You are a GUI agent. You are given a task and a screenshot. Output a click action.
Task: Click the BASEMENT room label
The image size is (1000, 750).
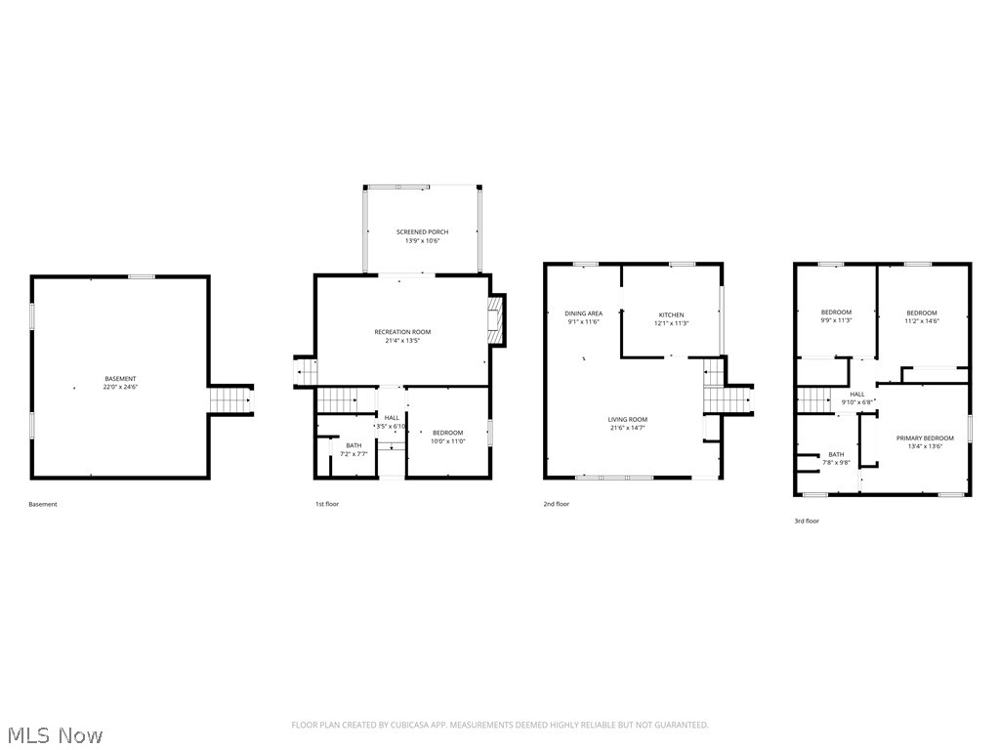point(121,378)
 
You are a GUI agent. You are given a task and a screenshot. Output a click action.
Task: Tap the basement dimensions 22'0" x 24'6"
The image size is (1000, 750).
point(121,388)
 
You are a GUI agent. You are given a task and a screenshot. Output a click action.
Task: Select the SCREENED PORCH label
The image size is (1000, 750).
point(422,231)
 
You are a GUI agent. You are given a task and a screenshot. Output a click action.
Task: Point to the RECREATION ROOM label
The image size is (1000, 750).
point(402,332)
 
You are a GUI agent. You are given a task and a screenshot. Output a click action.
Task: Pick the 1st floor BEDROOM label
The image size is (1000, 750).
point(448,433)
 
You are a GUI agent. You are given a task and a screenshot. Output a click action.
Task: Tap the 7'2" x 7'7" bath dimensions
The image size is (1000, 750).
point(354,454)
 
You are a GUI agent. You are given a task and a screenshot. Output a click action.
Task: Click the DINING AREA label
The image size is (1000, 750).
point(583,313)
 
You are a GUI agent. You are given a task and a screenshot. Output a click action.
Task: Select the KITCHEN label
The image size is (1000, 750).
point(671,314)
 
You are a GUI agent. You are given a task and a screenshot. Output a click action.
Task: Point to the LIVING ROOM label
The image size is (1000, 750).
point(628,419)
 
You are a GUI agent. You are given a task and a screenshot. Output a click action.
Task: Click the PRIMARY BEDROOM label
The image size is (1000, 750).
point(925,437)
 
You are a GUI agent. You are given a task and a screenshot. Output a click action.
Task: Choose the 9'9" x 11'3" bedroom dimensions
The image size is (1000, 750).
point(836,320)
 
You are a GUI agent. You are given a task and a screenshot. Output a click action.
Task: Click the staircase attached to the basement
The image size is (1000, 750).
point(231,399)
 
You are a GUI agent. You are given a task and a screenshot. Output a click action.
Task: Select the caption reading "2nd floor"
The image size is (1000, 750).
point(557,504)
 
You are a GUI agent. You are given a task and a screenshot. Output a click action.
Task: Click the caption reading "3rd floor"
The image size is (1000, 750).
point(807,521)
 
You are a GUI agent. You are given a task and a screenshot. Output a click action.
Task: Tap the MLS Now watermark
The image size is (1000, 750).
point(53,734)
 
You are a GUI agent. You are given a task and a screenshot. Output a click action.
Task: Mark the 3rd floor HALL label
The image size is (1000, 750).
point(857,394)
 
